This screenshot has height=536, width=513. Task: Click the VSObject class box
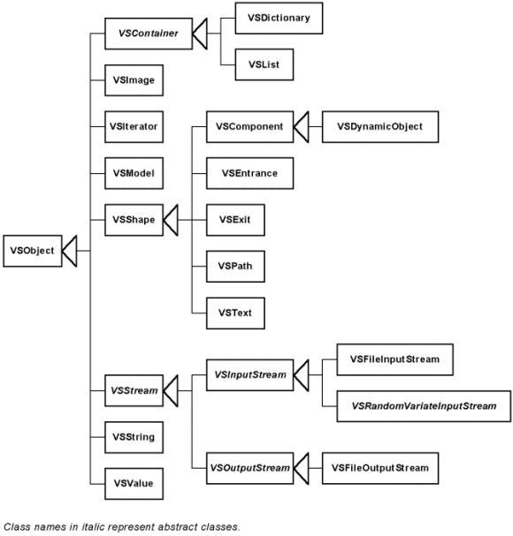pos(32,251)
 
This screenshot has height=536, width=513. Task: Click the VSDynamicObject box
pos(380,127)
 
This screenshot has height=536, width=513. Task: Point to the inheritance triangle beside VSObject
pos(70,251)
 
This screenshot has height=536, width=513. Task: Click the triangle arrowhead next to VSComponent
pos(302,127)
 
